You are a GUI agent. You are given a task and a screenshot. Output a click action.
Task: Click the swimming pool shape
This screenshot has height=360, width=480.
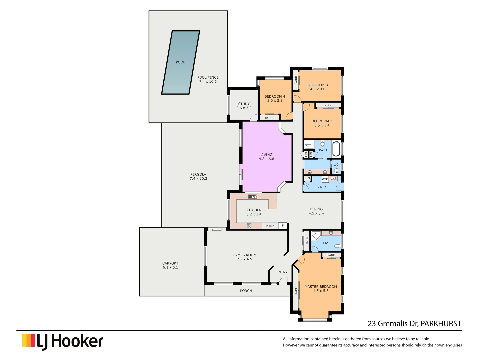[x=180, y=63]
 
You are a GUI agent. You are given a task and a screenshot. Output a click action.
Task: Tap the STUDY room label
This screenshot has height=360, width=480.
[x=244, y=104]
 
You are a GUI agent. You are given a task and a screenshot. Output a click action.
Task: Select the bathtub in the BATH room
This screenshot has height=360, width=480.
[x=336, y=149]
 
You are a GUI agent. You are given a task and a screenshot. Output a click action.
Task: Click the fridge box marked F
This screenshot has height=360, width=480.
[x=283, y=226]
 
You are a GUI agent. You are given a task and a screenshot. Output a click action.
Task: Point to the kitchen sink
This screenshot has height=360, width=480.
[x=253, y=197]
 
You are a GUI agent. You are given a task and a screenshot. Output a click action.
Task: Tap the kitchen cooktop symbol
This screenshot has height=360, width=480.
[x=249, y=226]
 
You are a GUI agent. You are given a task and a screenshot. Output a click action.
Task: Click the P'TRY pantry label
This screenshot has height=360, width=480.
[x=270, y=226]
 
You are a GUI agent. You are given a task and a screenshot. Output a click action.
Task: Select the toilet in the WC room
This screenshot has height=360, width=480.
[x=336, y=171]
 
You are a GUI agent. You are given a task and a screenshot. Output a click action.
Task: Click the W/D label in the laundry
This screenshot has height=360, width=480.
[x=325, y=179]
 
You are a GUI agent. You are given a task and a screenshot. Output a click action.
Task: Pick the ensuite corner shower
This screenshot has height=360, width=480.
[x=315, y=236]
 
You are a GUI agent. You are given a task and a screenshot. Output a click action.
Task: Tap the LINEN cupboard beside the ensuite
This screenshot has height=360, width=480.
[x=307, y=241]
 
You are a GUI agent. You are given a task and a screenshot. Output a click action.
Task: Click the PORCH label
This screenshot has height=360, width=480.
[x=246, y=291]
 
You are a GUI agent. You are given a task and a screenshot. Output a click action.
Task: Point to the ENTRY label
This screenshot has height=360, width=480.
[x=282, y=272]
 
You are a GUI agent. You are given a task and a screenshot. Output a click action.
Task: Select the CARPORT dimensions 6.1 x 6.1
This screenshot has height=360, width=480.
[x=170, y=268]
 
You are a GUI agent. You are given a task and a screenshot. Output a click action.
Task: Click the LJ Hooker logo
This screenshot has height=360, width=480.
[x=63, y=341]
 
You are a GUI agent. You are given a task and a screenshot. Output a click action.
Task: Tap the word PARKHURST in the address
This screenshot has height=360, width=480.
[x=441, y=324]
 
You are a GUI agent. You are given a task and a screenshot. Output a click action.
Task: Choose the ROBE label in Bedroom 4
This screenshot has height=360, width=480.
[x=269, y=118]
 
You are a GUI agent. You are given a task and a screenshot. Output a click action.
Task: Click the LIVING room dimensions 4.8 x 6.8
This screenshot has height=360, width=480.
[x=266, y=159]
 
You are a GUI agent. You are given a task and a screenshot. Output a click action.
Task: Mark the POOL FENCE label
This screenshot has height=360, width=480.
[x=208, y=77]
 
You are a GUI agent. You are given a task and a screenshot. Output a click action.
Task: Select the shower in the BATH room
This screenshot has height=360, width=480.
[x=309, y=145]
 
